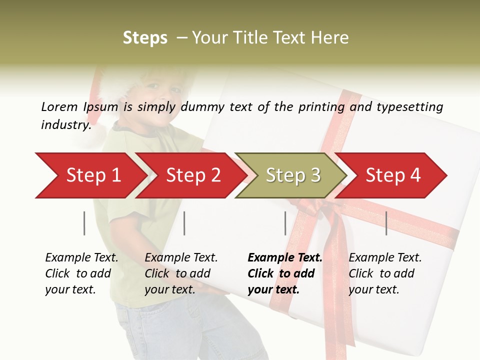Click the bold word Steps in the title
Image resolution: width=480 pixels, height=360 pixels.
coord(145,38)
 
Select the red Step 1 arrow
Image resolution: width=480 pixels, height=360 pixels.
coord(90,175)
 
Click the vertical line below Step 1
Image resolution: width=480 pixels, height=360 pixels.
coord(84,223)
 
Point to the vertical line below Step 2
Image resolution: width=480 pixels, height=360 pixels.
coord(184,223)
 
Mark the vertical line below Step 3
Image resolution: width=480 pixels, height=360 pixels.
coord(285,223)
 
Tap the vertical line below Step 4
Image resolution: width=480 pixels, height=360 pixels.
coord(386,223)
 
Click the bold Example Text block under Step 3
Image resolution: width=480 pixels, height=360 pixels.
coord(284,273)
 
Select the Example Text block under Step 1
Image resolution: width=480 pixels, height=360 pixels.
coord(81,273)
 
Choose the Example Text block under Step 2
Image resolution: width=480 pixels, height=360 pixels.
coord(181,273)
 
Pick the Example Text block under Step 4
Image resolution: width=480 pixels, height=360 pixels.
coord(385,273)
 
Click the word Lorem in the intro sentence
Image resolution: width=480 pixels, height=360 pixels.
coord(59,107)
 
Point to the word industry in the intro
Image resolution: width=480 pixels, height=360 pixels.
coord(65,125)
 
